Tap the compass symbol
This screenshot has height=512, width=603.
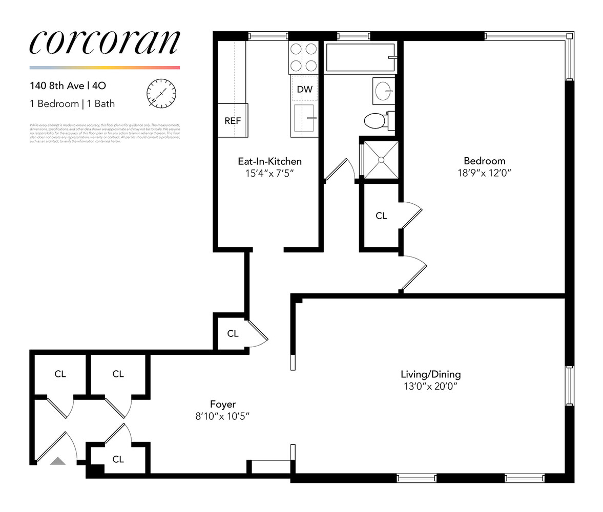click(x=161, y=93)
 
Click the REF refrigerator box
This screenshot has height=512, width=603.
click(x=233, y=121)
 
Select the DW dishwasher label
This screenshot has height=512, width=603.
click(x=304, y=89)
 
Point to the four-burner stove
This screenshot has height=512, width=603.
click(x=303, y=57)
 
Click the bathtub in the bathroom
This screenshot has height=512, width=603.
click(x=361, y=57)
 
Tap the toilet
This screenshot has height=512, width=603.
click(x=375, y=121)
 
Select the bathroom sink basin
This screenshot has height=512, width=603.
click(x=384, y=92)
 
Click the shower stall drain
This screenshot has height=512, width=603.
click(x=381, y=160)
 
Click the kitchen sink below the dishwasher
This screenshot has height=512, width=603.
click(x=304, y=119)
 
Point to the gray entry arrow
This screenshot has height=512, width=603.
click(x=58, y=461)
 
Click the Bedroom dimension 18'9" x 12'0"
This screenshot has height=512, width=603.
click(x=484, y=173)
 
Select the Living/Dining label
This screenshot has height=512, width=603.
click(x=430, y=374)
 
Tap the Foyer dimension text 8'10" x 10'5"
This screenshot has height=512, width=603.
click(x=222, y=416)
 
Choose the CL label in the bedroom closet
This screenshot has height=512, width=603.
click(x=381, y=216)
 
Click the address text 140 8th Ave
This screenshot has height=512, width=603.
click(x=57, y=86)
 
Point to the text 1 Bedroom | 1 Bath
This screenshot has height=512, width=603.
click(x=72, y=104)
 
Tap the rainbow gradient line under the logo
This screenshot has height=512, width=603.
click(x=105, y=68)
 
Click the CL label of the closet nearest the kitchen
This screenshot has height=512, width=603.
click(x=233, y=333)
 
